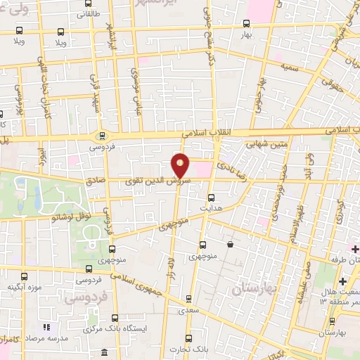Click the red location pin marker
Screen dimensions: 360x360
tap(181, 166)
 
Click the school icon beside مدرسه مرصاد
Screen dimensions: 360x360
tap(47, 327)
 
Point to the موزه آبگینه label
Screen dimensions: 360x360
tap(25, 286)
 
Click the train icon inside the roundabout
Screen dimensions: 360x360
tap(103, 136)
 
